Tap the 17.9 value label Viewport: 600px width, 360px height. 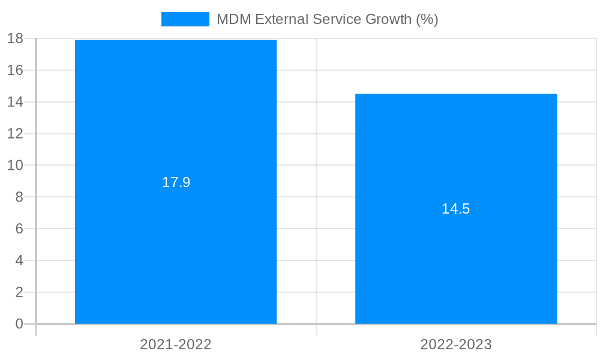click(x=176, y=182)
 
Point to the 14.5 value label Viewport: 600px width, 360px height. click(x=456, y=209)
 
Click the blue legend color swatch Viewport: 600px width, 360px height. click(x=185, y=19)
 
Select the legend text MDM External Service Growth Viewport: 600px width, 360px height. click(x=327, y=19)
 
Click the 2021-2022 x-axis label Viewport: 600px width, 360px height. click(x=176, y=344)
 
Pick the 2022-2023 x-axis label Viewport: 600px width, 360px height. click(x=456, y=344)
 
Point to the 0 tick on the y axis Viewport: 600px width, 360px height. click(x=19, y=324)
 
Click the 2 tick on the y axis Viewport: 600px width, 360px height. click(x=19, y=292)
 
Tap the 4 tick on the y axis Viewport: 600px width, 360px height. click(x=19, y=260)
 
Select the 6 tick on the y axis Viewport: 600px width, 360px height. click(x=19, y=229)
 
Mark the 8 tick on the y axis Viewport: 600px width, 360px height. click(x=19, y=197)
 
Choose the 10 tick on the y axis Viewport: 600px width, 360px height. click(x=15, y=165)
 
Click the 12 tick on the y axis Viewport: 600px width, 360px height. click(x=15, y=134)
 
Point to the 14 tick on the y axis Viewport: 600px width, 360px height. click(x=15, y=102)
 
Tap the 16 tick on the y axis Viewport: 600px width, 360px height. click(x=15, y=70)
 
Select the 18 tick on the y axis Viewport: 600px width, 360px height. click(x=15, y=38)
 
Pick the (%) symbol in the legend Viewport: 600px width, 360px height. click(x=428, y=19)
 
